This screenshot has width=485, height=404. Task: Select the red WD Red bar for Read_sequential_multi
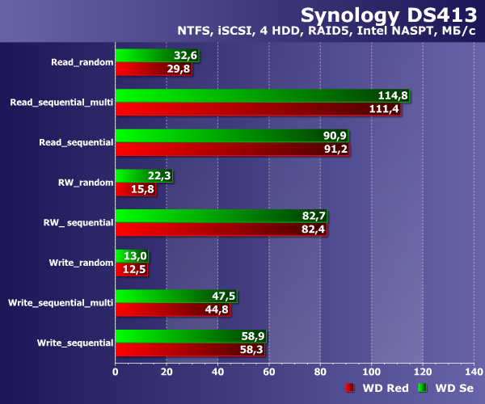pyautogui.click(x=242, y=109)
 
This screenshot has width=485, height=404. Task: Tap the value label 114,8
pyautogui.click(x=394, y=95)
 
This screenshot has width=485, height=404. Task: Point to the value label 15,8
pyautogui.click(x=142, y=190)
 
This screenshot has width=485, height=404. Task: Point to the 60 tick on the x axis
pyautogui.click(x=269, y=372)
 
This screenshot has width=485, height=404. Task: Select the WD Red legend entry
pyautogui.click(x=378, y=389)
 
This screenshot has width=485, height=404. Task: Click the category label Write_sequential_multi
pyautogui.click(x=60, y=303)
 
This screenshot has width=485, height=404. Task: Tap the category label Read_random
pyautogui.click(x=82, y=61)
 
